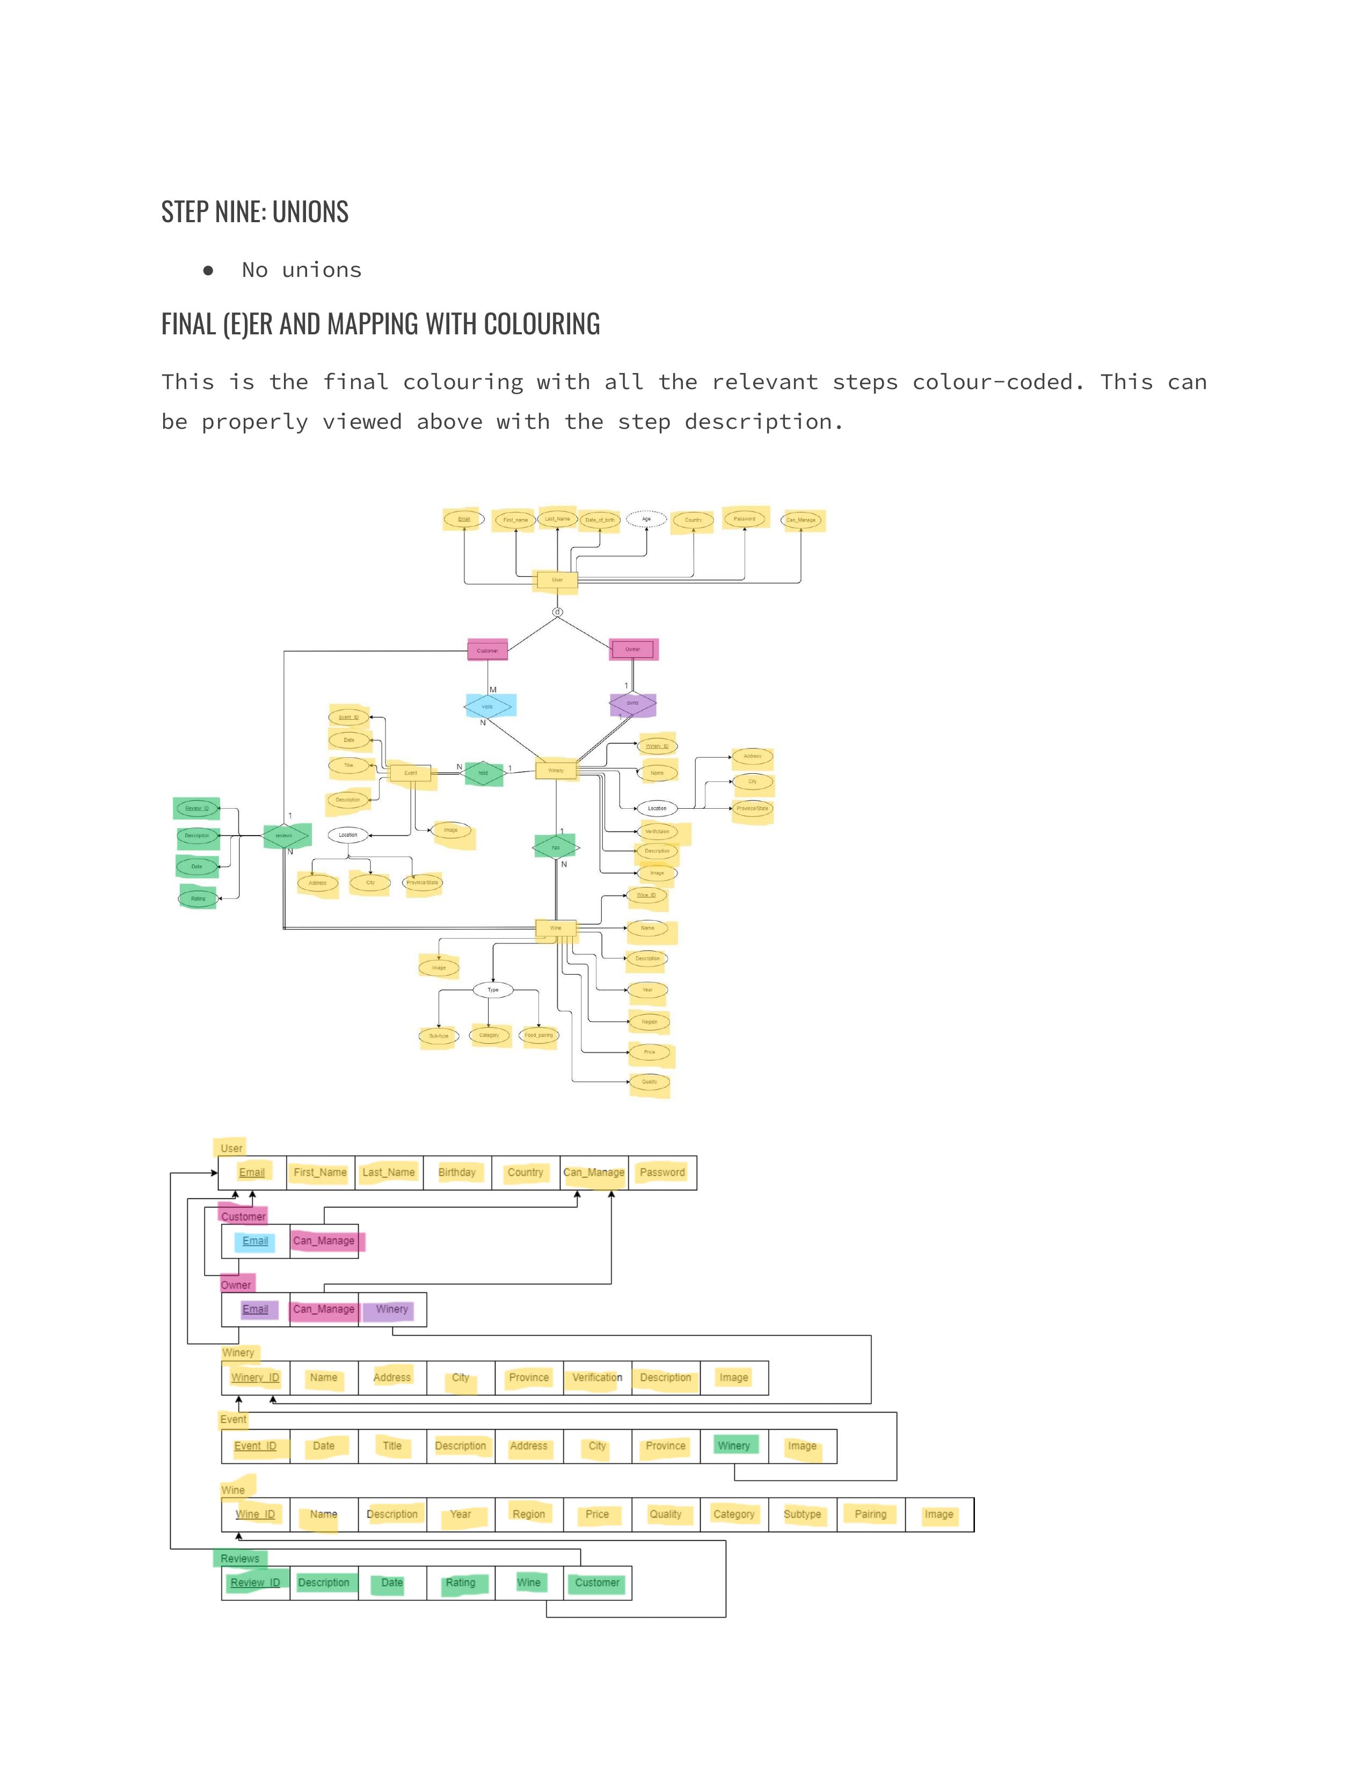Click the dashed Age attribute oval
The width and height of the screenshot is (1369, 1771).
pyautogui.click(x=646, y=519)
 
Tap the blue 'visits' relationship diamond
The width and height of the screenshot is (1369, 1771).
pyautogui.click(x=487, y=706)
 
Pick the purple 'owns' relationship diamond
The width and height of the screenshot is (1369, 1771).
pyautogui.click(x=632, y=703)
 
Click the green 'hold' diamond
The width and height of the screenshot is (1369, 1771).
pyautogui.click(x=483, y=773)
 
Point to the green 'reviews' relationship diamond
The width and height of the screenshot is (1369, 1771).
pyautogui.click(x=284, y=835)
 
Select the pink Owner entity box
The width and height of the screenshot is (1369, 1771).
pyautogui.click(x=632, y=649)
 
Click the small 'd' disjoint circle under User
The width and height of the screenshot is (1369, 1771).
pyautogui.click(x=557, y=612)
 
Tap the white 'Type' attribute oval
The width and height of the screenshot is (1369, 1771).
pyautogui.click(x=493, y=989)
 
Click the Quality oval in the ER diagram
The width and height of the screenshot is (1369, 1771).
pyautogui.click(x=650, y=1082)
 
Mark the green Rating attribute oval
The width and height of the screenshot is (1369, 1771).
pyautogui.click(x=198, y=898)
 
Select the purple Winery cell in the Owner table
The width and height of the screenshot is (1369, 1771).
pyautogui.click(x=392, y=1309)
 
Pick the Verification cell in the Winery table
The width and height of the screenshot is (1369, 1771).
pyautogui.click(x=597, y=1378)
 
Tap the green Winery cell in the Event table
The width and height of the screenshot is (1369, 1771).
pyautogui.click(x=734, y=1446)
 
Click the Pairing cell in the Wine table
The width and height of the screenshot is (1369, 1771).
pyautogui.click(x=870, y=1514)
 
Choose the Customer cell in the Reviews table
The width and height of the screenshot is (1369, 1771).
pyautogui.click(x=597, y=1582)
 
